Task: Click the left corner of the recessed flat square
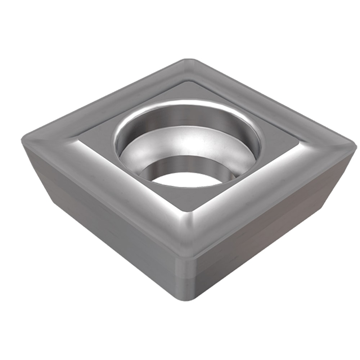[80, 135]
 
